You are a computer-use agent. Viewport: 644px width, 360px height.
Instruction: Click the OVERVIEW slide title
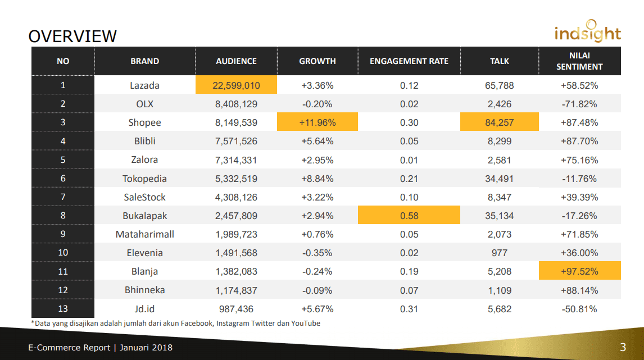pyautogui.click(x=72, y=36)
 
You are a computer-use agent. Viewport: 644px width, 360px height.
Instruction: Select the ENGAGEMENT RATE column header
pyautogui.click(x=409, y=61)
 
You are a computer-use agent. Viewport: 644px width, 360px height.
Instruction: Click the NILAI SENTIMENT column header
pyautogui.click(x=579, y=61)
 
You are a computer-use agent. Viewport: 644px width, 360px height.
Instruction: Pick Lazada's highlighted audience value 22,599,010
pyautogui.click(x=236, y=85)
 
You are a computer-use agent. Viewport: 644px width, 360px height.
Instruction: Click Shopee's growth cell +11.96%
pyautogui.click(x=317, y=122)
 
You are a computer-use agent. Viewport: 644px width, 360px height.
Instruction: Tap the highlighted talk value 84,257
pyautogui.click(x=499, y=122)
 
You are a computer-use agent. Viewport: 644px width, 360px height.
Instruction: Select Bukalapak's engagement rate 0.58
pyautogui.click(x=409, y=216)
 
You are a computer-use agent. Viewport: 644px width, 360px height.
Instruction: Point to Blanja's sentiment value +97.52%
pyautogui.click(x=579, y=271)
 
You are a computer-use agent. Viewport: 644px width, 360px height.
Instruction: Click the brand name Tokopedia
pyautogui.click(x=144, y=179)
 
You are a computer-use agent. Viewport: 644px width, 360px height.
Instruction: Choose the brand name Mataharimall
pyautogui.click(x=144, y=234)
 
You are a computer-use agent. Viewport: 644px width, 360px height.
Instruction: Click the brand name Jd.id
pyautogui.click(x=144, y=309)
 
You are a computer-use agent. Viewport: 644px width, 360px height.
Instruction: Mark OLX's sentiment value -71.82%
pyautogui.click(x=579, y=104)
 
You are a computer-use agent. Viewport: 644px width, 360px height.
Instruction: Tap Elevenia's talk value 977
pyautogui.click(x=499, y=253)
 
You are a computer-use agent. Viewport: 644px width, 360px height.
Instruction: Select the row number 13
pyautogui.click(x=63, y=309)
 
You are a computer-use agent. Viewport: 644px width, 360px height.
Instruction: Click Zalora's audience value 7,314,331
pyautogui.click(x=236, y=160)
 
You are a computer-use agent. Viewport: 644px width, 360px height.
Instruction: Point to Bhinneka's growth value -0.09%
pyautogui.click(x=317, y=290)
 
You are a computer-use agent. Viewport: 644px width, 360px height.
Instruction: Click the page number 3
pyautogui.click(x=623, y=347)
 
